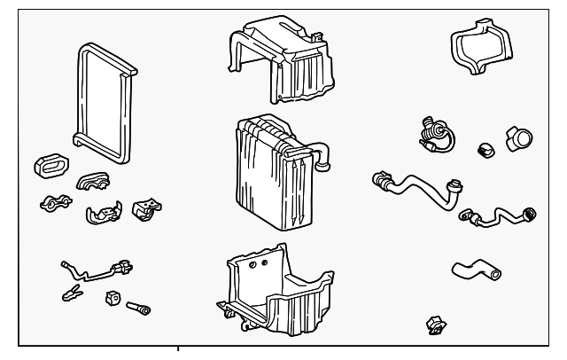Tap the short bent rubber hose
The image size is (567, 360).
(x=473, y=269)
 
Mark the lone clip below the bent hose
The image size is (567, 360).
(x=435, y=325)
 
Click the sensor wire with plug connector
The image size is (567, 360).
(x=97, y=266)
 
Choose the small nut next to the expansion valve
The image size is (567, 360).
(x=485, y=148)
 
